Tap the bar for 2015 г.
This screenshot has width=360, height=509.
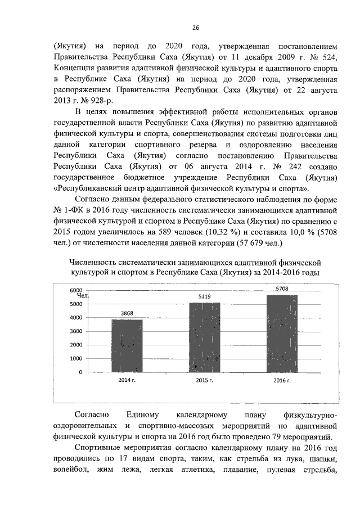coord(204,337)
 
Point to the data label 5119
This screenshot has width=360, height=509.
coord(204,296)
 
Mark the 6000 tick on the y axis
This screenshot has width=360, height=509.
coord(75,290)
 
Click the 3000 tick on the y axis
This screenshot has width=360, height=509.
coord(75,331)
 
